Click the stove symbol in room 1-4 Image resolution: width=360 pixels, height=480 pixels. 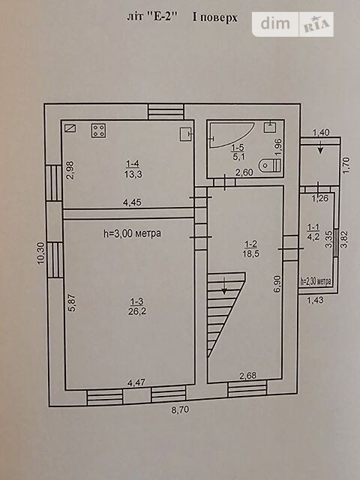[98, 130]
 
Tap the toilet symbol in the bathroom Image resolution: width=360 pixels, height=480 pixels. [270, 166]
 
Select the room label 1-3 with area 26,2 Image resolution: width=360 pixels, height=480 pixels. [136, 307]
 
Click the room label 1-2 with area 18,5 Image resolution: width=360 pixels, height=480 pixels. [250, 248]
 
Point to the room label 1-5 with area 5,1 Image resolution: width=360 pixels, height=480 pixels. [238, 152]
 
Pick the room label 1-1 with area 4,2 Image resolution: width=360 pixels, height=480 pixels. [313, 231]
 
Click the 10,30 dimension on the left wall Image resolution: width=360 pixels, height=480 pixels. [41, 253]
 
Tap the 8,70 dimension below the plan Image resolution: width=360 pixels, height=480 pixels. [180, 409]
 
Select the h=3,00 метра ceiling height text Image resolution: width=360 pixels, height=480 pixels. [132, 233]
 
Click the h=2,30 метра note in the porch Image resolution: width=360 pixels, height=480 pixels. [316, 281]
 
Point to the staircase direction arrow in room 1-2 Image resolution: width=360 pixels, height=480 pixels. [225, 286]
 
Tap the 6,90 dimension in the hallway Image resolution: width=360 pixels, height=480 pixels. [278, 284]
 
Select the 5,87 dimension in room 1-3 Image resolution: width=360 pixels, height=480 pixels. [72, 302]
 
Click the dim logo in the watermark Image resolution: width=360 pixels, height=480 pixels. [275, 23]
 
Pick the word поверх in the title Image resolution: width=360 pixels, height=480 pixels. [219, 17]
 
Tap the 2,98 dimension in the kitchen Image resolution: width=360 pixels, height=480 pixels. [70, 170]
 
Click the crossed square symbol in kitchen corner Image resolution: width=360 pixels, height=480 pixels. [70, 127]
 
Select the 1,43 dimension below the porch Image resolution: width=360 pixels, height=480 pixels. [315, 300]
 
